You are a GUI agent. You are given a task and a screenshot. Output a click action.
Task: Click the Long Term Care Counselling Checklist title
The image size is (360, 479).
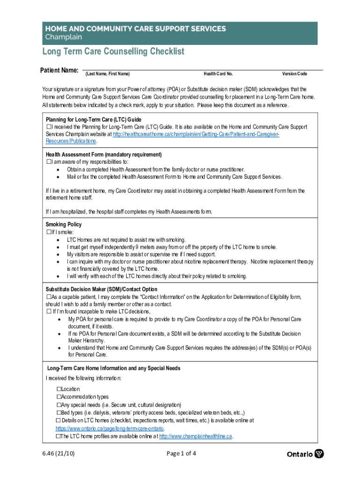click(114, 51)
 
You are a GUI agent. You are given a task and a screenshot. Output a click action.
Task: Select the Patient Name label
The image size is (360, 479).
click(59, 70)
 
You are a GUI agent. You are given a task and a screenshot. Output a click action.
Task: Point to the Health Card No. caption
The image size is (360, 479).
click(218, 74)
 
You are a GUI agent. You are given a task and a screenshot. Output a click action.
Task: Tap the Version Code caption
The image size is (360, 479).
click(295, 74)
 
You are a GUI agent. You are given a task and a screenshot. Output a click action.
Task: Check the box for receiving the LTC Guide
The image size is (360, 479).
click(49, 127)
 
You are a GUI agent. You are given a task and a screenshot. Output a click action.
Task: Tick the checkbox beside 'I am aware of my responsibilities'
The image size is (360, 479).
click(49, 162)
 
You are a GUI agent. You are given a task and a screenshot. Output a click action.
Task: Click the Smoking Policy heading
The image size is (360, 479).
click(64, 225)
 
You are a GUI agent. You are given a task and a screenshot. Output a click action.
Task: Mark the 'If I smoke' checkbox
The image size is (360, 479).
click(49, 232)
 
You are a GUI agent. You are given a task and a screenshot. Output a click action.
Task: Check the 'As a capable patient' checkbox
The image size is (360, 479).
click(49, 297)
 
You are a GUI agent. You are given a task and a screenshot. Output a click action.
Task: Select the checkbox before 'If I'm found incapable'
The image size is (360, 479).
click(49, 312)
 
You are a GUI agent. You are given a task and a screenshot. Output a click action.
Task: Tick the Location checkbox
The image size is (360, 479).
click(59, 389)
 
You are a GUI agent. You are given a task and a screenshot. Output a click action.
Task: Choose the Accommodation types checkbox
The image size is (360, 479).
click(59, 397)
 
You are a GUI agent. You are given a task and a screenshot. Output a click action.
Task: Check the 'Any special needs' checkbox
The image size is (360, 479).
click(59, 405)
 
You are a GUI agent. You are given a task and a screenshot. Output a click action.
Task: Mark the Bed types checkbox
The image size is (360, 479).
click(59, 413)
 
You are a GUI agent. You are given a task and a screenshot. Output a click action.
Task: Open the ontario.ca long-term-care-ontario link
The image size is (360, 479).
click(109, 428)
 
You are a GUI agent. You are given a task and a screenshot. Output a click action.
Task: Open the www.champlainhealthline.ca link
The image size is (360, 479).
click(195, 436)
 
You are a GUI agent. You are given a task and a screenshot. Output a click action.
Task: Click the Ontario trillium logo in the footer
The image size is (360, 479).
click(319, 454)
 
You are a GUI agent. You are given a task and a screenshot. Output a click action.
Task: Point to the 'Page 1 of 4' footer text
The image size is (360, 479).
click(181, 453)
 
